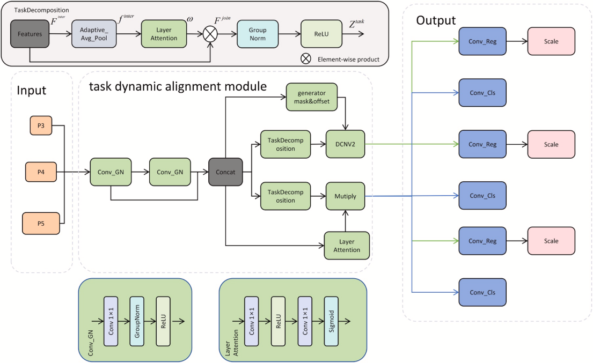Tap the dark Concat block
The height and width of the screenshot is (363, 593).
(x=226, y=172)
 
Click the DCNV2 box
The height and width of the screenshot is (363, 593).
(x=345, y=144)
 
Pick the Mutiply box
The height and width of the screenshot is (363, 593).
(x=345, y=196)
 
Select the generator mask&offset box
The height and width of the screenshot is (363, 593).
(x=312, y=97)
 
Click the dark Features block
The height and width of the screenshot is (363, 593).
(x=29, y=34)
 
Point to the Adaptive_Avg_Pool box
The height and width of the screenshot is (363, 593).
(x=94, y=34)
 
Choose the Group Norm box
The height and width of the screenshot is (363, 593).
(x=258, y=34)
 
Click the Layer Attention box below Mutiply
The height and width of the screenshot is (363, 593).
(x=347, y=246)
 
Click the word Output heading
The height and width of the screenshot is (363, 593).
(x=436, y=20)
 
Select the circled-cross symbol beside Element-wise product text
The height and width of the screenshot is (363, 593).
(x=305, y=58)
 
